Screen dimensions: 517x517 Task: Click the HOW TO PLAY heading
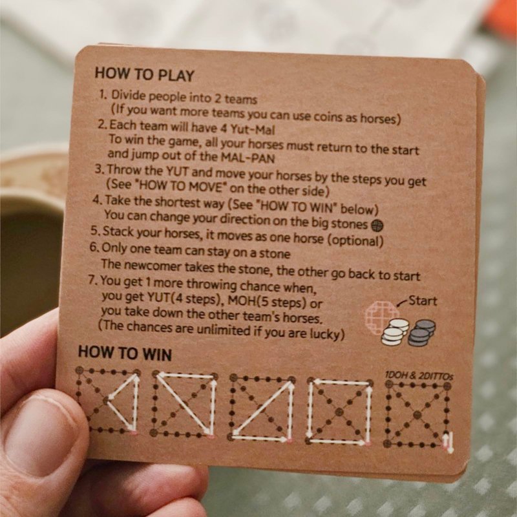tap(144, 74)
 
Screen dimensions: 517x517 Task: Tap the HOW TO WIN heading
tap(125, 353)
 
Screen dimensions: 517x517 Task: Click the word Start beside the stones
tap(423, 301)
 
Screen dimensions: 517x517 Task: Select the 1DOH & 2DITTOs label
tap(419, 375)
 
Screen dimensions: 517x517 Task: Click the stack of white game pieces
tap(395, 332)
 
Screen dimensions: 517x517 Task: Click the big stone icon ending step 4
tap(377, 226)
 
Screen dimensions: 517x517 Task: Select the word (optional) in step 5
tap(355, 240)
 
